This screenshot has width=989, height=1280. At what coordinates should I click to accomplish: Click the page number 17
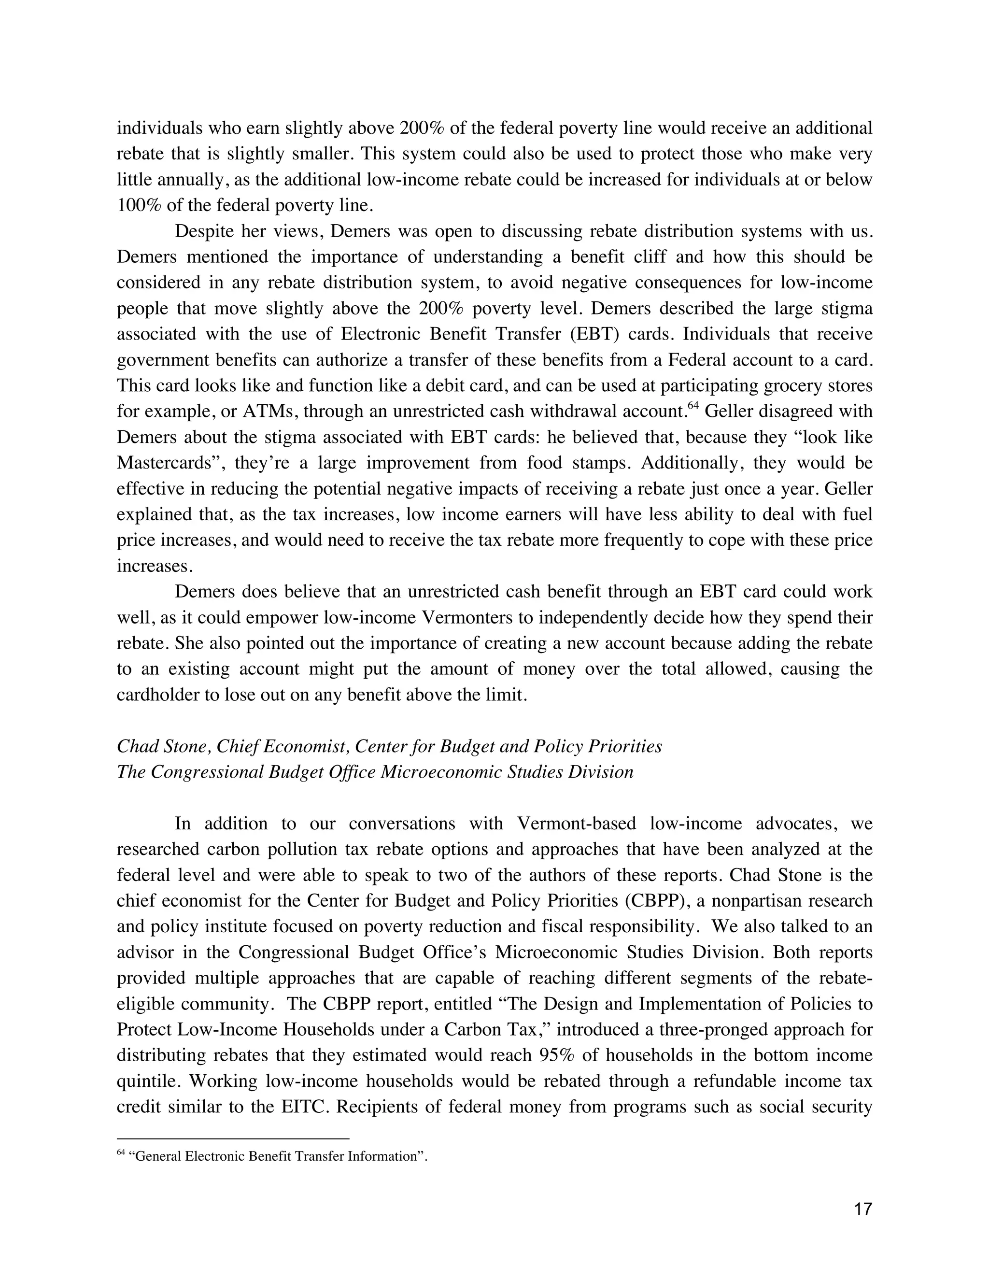tap(863, 1209)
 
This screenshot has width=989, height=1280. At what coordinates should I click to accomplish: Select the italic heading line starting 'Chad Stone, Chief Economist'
tap(389, 746)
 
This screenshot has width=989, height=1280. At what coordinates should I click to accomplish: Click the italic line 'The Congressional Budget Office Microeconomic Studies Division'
tap(375, 772)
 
